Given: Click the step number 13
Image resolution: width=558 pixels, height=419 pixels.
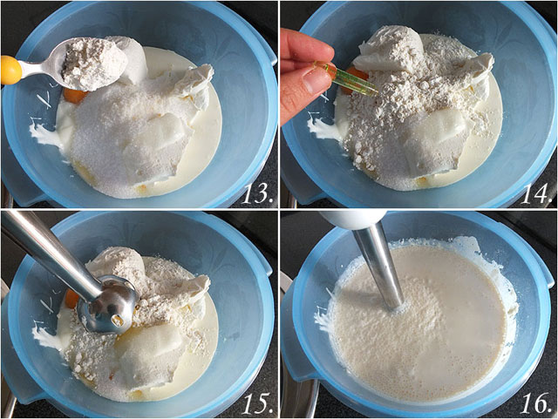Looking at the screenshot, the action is (x=257, y=194).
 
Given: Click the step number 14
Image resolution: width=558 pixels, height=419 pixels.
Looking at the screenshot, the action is (x=536, y=194).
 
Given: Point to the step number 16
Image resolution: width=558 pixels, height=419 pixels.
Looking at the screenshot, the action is (x=536, y=403).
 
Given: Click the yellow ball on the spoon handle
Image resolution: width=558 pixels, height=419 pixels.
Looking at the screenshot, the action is (x=10, y=70).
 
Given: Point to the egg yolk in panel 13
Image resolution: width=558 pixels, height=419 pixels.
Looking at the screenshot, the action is (x=75, y=96).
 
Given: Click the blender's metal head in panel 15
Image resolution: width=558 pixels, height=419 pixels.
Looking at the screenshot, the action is (x=106, y=306).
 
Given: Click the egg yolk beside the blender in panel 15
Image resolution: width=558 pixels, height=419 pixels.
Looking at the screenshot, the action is (x=71, y=300).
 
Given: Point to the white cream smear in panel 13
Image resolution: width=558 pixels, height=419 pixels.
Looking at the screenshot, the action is (x=40, y=133).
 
